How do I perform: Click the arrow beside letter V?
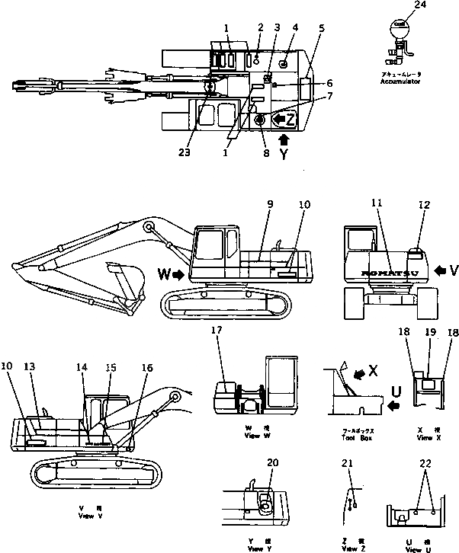441,269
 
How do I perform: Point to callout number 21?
349,462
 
